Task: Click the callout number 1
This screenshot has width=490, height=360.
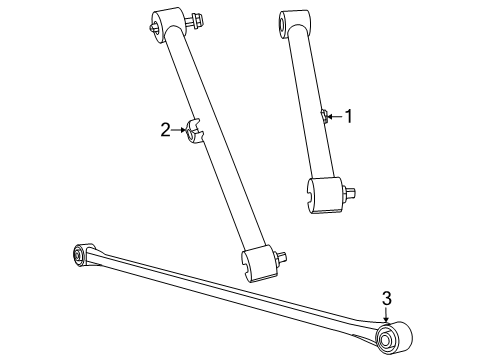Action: click(348, 117)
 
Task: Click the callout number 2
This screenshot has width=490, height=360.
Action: click(165, 129)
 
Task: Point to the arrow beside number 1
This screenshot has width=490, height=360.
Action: click(335, 117)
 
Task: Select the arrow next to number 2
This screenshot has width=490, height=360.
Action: click(178, 129)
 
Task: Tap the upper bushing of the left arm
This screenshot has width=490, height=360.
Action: click(167, 22)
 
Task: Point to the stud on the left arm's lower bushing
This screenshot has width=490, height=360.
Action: click(284, 257)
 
